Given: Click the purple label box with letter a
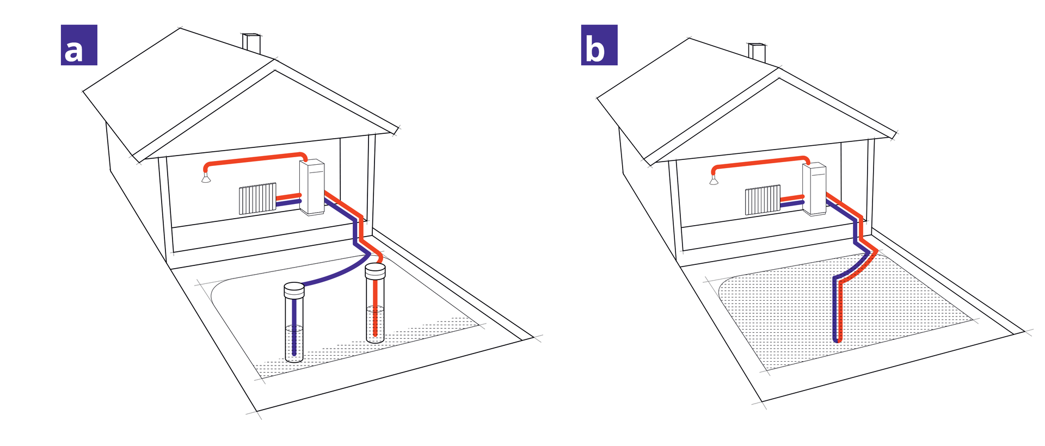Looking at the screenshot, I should tap(79, 45).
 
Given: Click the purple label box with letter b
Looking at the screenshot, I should tap(599, 45).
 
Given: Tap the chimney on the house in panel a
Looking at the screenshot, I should tap(251, 44).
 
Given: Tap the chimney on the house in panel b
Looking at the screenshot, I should tap(757, 53).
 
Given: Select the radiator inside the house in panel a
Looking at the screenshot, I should tap(257, 199).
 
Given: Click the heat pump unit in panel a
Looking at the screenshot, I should tap(312, 187).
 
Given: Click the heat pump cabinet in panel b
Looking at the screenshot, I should tap(814, 189).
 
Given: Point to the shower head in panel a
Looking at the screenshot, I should tap(206, 178).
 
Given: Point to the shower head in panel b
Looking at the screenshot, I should tap(714, 181).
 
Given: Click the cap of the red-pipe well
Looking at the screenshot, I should tap(375, 270).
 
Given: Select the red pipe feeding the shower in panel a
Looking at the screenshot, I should tap(253, 158).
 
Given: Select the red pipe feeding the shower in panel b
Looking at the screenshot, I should tap(759, 162).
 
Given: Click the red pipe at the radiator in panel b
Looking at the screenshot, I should tap(792, 198).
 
